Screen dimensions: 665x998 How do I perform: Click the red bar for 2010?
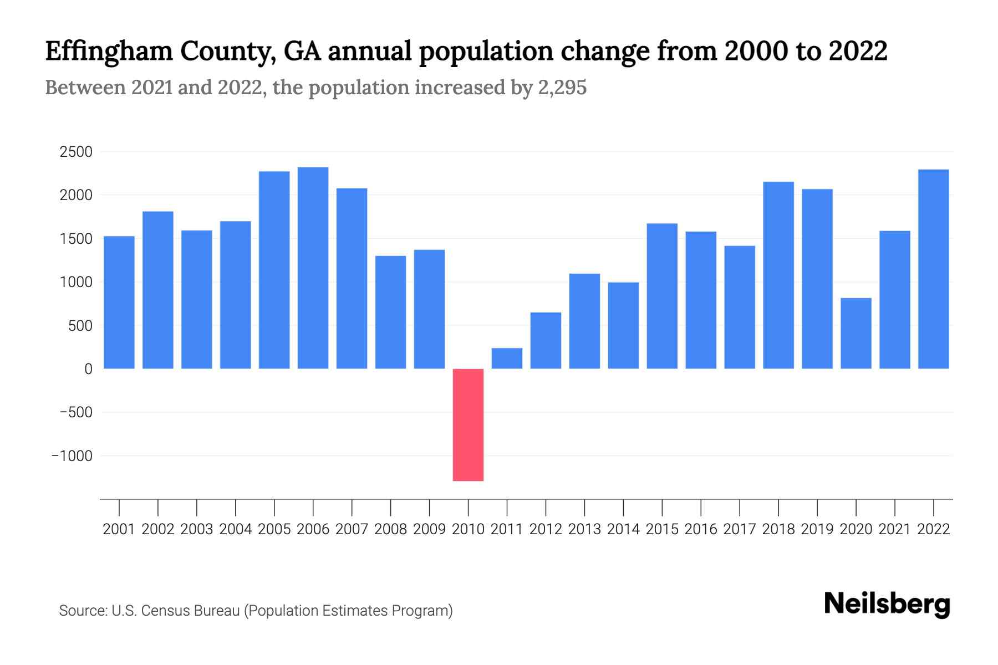click(468, 424)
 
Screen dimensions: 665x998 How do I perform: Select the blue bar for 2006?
click(313, 268)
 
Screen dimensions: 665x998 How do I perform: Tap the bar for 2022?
click(933, 269)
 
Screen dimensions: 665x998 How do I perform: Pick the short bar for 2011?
click(507, 358)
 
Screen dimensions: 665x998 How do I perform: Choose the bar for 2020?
click(856, 333)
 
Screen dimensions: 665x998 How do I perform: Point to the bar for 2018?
click(778, 275)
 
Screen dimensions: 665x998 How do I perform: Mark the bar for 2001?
click(119, 302)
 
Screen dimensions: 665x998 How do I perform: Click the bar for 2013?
click(584, 321)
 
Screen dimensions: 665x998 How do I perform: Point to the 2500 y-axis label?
click(76, 152)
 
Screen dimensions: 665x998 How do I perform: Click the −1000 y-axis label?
click(72, 456)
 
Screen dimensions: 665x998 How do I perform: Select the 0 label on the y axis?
click(88, 369)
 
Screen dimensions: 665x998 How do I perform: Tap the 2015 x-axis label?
click(662, 529)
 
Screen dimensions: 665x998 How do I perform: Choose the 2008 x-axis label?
click(390, 529)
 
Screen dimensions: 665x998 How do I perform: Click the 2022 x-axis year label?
click(933, 529)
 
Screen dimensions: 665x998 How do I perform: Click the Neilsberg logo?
click(887, 604)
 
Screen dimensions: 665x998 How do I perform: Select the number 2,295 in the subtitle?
click(562, 88)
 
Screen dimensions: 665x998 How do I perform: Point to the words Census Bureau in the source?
click(190, 611)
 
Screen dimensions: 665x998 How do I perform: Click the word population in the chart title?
click(485, 52)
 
